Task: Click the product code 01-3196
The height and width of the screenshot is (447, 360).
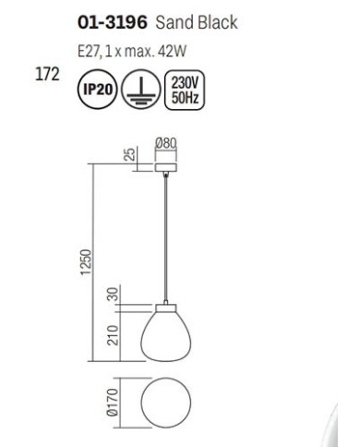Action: pyautogui.click(x=113, y=23)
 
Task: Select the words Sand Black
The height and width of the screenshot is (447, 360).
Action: pyautogui.click(x=197, y=23)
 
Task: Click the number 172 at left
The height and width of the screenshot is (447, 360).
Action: pyautogui.click(x=47, y=75)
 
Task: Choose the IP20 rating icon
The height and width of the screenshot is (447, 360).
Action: pyautogui.click(x=97, y=90)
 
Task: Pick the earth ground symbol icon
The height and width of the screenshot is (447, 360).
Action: pyautogui.click(x=141, y=90)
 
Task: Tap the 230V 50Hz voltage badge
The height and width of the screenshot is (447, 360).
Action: pyautogui.click(x=185, y=90)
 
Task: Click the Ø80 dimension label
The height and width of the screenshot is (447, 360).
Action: pyautogui.click(x=166, y=143)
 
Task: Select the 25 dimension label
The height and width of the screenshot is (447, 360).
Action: pyautogui.click(x=131, y=154)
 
